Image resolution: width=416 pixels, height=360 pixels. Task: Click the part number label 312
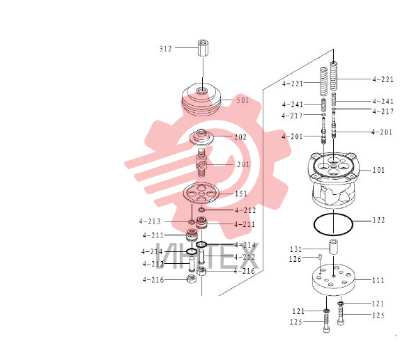click(x=166, y=49)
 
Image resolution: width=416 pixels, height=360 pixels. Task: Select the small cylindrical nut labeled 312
click(x=203, y=48)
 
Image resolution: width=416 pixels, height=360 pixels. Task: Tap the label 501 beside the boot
click(x=242, y=100)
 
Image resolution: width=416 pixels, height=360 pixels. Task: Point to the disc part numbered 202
click(x=202, y=137)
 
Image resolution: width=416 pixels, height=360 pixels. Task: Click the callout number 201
click(x=243, y=164)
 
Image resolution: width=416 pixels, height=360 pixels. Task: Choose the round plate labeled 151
click(x=201, y=193)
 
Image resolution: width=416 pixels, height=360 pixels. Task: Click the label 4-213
click(x=150, y=221)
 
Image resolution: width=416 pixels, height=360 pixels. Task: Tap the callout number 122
click(x=378, y=220)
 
